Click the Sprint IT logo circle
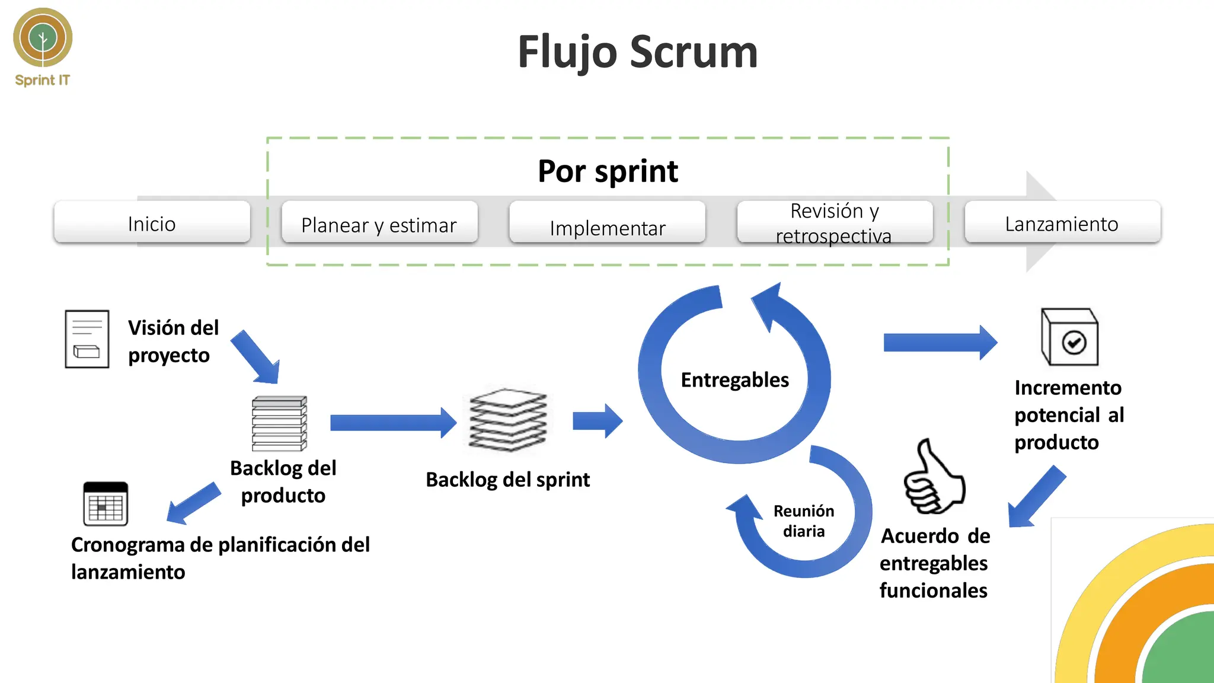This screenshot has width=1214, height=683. pyautogui.click(x=43, y=37)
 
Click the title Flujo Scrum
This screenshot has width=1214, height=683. pyautogui.click(x=637, y=52)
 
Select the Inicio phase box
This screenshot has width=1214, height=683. pyautogui.click(x=152, y=222)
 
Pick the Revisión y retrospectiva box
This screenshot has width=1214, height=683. pyautogui.click(x=835, y=222)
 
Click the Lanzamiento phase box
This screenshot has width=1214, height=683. pyautogui.click(x=1062, y=222)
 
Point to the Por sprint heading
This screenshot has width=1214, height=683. pyautogui.click(x=608, y=171)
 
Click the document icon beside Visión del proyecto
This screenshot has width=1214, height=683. pyautogui.click(x=87, y=339)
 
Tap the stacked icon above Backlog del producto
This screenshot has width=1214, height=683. pyautogui.click(x=279, y=423)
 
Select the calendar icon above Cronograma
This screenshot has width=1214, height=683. pyautogui.click(x=106, y=504)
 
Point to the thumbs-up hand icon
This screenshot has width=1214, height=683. pyautogui.click(x=934, y=478)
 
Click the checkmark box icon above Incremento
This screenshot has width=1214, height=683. pyautogui.click(x=1069, y=337)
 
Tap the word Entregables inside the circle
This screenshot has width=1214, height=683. pyautogui.click(x=734, y=379)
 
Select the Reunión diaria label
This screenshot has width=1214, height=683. pyautogui.click(x=803, y=521)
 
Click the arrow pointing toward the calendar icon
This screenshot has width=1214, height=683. pyautogui.click(x=193, y=503)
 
